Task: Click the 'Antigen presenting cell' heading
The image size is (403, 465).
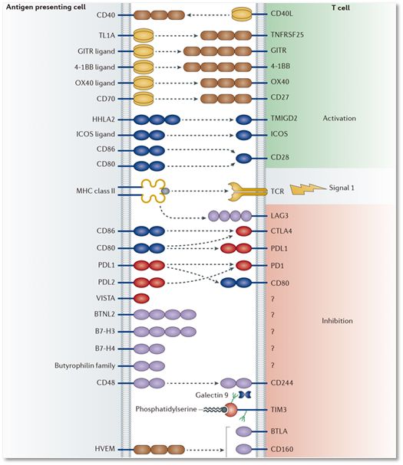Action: coord(46,7)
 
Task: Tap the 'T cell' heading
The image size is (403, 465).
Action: coord(341,8)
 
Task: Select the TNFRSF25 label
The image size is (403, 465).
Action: coord(287,34)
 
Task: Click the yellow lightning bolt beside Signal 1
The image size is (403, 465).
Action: coord(307,189)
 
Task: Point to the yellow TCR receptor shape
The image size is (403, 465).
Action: coord(247,192)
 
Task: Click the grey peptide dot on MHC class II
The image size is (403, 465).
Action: coord(165,191)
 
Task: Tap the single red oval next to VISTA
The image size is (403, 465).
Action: coord(141,298)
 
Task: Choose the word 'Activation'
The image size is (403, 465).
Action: coord(339,118)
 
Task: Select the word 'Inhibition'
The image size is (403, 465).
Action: coord(337,320)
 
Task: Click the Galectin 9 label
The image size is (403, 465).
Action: coord(212,395)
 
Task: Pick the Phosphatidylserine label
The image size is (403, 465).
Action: coord(166,409)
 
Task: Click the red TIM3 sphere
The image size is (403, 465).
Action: coord(231,410)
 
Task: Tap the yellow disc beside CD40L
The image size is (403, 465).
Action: coord(242,15)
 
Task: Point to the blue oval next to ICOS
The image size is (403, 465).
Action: coord(243,135)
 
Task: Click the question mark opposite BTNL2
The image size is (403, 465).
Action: coord(273,315)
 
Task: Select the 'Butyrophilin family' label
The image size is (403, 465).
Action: coord(84,365)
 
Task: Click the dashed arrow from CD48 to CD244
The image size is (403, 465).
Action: coord(192,383)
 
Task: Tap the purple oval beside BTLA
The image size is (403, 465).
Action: coord(243,431)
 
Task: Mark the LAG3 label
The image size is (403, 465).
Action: coord(279,215)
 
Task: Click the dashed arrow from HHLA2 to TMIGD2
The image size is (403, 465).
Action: coord(207,120)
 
